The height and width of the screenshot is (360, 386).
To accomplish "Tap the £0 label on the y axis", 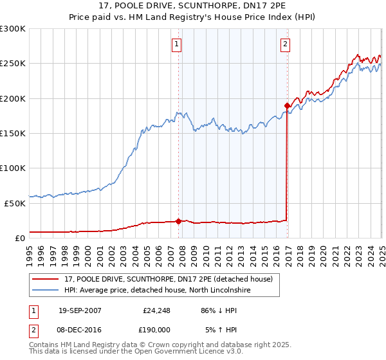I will pos(20,238).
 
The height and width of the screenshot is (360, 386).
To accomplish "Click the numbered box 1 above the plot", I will pos(176,44).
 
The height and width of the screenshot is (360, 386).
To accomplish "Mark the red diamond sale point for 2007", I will pos(178,221).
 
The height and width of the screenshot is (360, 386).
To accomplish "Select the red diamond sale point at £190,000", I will pos(287,105).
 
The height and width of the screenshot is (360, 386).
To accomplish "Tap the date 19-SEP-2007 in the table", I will pos(80,310).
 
